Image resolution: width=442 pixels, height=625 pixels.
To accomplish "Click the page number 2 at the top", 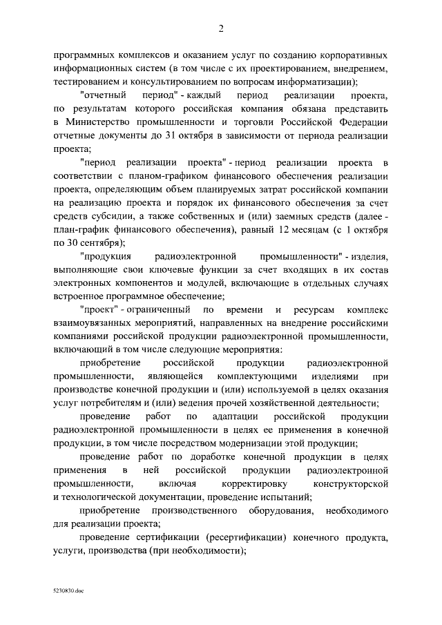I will pyautogui.click(x=221, y=28).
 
